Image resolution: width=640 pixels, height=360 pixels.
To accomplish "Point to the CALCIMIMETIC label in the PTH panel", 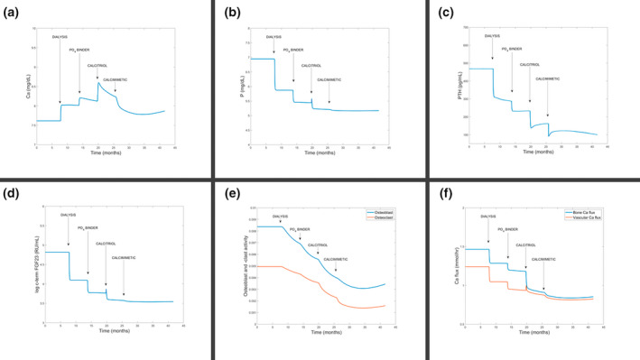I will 546,78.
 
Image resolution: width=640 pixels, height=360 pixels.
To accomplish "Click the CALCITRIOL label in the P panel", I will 311,66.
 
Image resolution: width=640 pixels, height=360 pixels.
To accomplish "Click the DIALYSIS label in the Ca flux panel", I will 488,217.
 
